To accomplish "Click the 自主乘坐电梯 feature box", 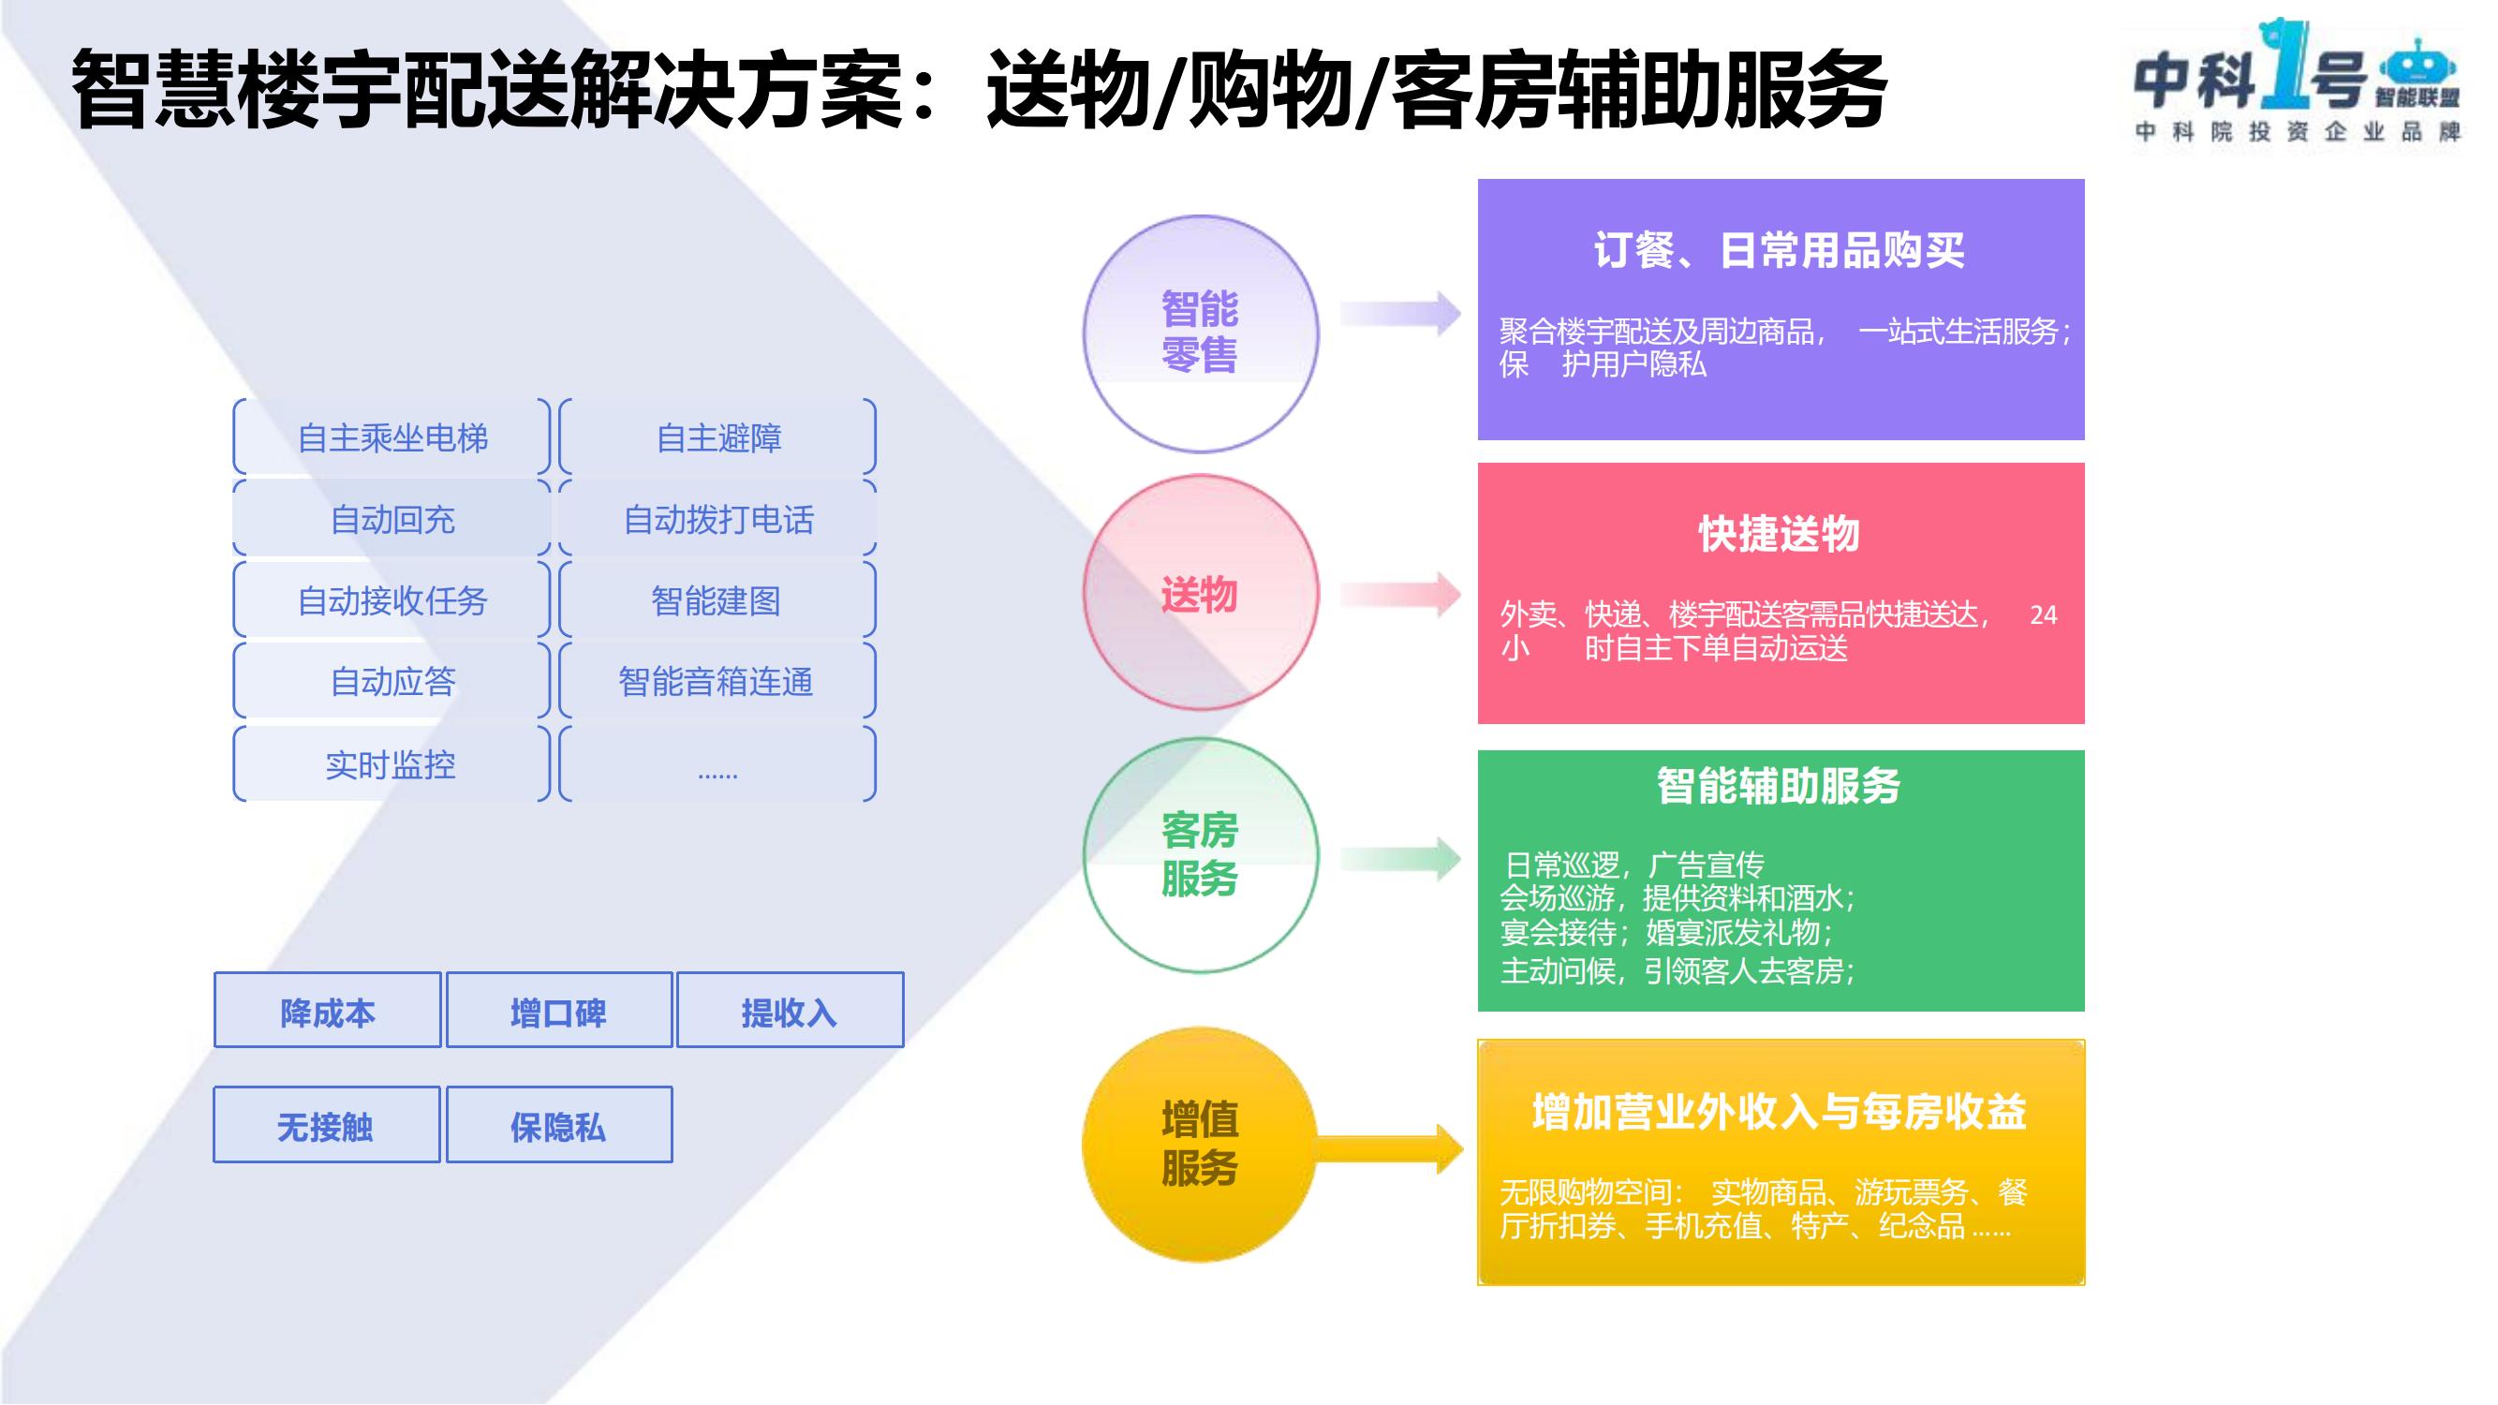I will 392,438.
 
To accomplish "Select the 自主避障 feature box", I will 717,438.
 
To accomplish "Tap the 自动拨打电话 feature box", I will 717,520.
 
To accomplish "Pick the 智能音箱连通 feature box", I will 717,682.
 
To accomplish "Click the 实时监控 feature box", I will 392,765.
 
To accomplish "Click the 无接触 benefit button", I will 327,1125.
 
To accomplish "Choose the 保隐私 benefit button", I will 558,1125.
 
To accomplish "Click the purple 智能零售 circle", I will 1201,333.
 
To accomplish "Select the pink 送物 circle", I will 1201,593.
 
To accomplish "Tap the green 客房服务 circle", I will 1201,854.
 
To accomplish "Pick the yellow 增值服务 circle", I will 1201,1145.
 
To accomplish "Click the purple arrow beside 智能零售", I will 1400,313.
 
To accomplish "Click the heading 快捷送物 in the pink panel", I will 1779,534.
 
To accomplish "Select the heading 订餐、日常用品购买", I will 1779,251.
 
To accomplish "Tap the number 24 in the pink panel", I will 2042,615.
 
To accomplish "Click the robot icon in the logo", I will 2417,66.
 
